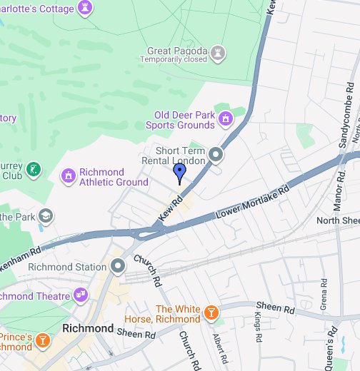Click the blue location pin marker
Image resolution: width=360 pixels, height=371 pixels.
[179, 172]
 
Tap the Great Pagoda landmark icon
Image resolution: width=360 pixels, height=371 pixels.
[219, 52]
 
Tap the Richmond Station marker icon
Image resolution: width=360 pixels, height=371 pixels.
[118, 267]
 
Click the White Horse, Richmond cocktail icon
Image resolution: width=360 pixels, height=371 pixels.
[211, 312]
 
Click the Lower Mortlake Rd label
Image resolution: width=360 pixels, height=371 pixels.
[253, 203]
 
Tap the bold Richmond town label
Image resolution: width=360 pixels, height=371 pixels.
[88, 328]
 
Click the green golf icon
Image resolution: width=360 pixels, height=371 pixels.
[33, 169]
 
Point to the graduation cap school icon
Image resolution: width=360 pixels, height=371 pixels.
[46, 215]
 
